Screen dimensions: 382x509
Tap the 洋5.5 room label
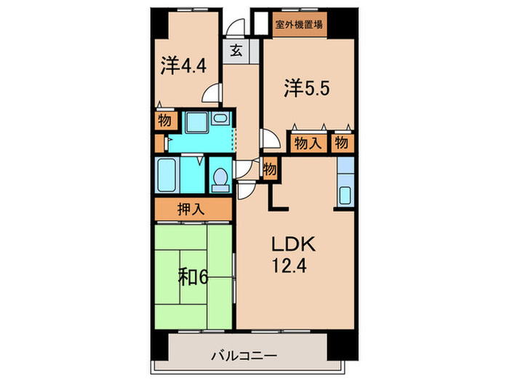click(x=308, y=89)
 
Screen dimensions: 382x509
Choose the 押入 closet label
click(x=191, y=209)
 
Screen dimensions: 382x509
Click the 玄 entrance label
click(x=237, y=51)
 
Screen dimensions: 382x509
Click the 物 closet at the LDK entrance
click(x=270, y=170)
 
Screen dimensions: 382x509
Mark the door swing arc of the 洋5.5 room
click(x=268, y=138)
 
